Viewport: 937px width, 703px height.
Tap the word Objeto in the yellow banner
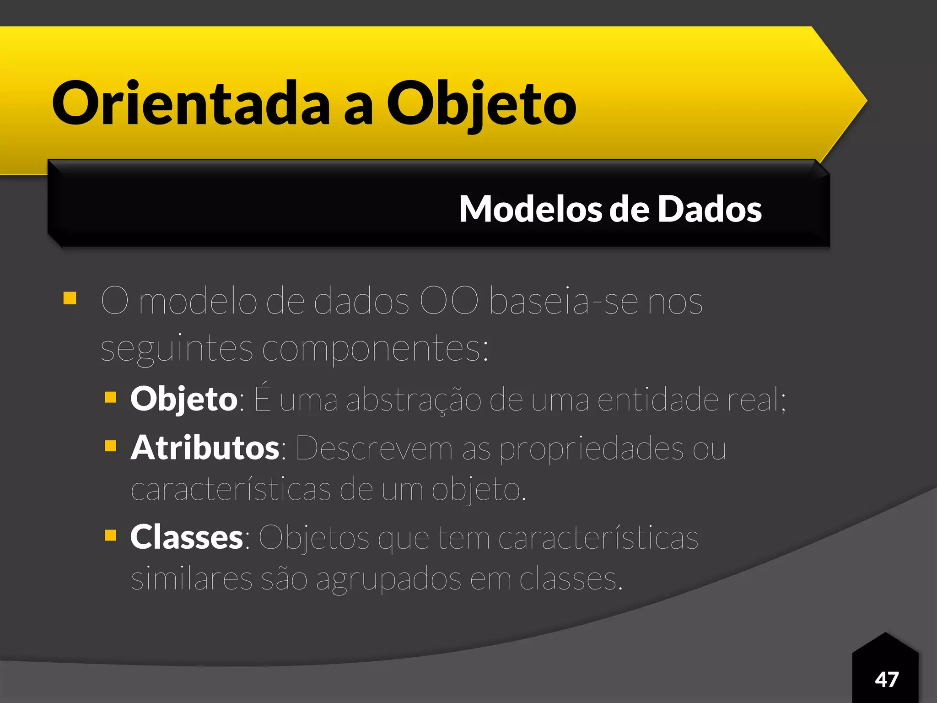point(481,104)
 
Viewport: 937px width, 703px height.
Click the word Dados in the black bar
point(710,209)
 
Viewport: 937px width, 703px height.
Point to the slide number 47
point(887,679)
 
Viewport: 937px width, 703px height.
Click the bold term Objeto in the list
point(183,399)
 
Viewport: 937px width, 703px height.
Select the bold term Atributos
point(205,448)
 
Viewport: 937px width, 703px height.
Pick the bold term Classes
point(187,537)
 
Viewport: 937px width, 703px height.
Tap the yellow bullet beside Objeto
point(111,397)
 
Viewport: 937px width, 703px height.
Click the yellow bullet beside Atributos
point(111,446)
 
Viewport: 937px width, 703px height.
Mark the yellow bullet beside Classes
point(111,535)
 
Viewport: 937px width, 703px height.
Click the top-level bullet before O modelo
point(70,298)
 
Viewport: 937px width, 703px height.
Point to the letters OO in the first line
point(449,302)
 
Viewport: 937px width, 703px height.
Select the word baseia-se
point(564,302)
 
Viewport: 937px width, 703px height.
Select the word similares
point(192,579)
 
